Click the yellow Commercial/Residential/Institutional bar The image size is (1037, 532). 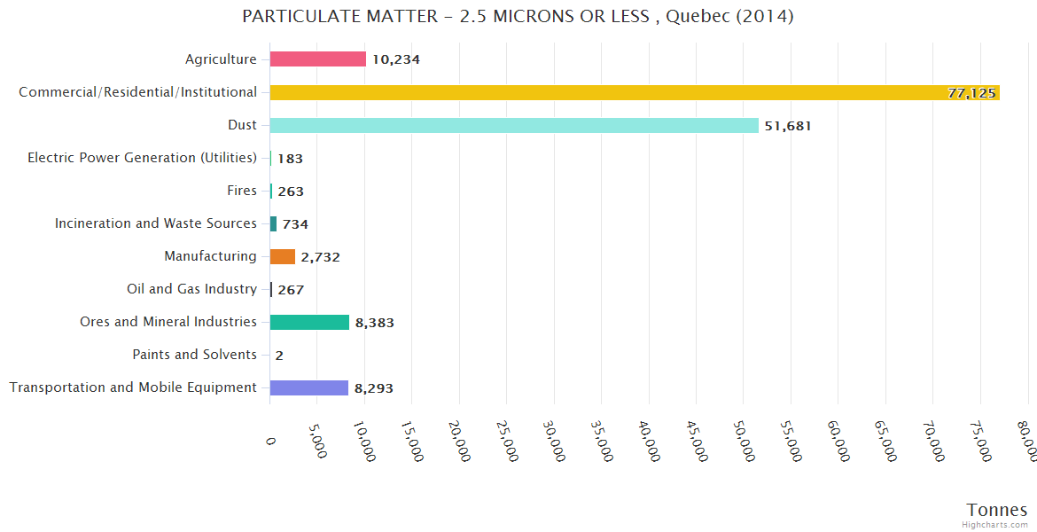pos(634,92)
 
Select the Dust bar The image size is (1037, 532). pos(514,125)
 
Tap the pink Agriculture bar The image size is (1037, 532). pos(317,59)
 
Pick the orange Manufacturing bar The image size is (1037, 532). pos(283,256)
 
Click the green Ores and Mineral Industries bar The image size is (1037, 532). pos(309,322)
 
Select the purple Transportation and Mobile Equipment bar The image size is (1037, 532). pos(308,387)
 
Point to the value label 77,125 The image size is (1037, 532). pos(971,93)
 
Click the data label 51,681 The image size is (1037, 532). pos(788,126)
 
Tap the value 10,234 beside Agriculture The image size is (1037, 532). pos(395,60)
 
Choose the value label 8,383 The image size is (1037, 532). pos(374,323)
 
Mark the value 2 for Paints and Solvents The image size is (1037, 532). pos(279,356)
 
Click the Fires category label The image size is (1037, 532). pos(242,191)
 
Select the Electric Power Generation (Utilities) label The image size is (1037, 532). pos(142,158)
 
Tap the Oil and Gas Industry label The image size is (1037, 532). pos(191,289)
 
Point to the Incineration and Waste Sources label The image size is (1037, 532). pos(156,223)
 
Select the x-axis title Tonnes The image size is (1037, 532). pos(997,510)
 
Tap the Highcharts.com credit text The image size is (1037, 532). pos(995,524)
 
